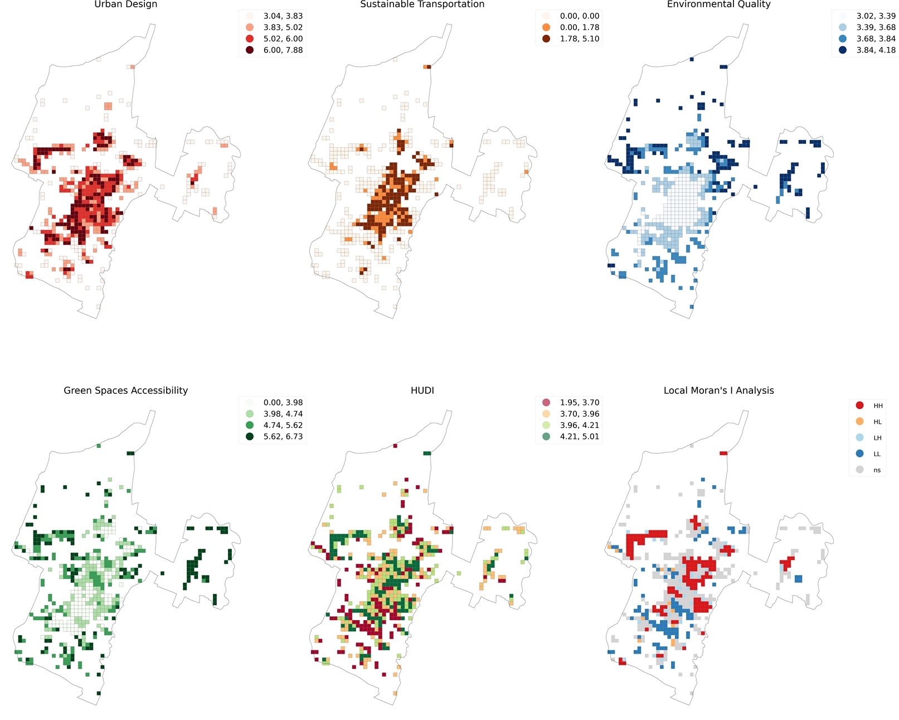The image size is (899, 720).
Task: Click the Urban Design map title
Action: pyautogui.click(x=126, y=4)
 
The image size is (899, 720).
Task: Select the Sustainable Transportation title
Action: pyautogui.click(x=422, y=4)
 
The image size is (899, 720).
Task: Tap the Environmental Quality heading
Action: pyautogui.click(x=718, y=4)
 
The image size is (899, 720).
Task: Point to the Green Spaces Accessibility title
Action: pyautogui.click(x=126, y=390)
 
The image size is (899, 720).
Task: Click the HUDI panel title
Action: pyautogui.click(x=422, y=390)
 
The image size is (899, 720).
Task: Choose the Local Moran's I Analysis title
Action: pyautogui.click(x=718, y=390)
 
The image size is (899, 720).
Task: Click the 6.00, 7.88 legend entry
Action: pyautogui.click(x=276, y=50)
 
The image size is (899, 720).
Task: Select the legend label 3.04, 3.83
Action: pyautogui.click(x=283, y=16)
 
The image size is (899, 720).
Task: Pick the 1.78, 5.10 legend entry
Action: pyautogui.click(x=573, y=39)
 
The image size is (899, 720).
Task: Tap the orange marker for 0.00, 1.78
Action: pyautogui.click(x=546, y=27)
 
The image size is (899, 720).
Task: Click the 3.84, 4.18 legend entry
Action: pyautogui.click(x=869, y=50)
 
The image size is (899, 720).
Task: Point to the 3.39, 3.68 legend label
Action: pyautogui.click(x=876, y=27)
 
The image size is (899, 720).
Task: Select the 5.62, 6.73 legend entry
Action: pyautogui.click(x=276, y=437)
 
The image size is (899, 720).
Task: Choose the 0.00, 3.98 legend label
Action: pyautogui.click(x=283, y=402)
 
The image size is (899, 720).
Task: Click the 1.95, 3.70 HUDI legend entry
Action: pyautogui.click(x=573, y=402)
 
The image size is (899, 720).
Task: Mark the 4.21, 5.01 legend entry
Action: pyautogui.click(x=573, y=437)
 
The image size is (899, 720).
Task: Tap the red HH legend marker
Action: pyautogui.click(x=860, y=405)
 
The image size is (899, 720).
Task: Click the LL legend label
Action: pyautogui.click(x=877, y=454)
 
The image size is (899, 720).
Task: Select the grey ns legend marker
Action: pyautogui.click(x=860, y=470)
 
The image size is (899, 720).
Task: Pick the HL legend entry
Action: pyautogui.click(x=868, y=422)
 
